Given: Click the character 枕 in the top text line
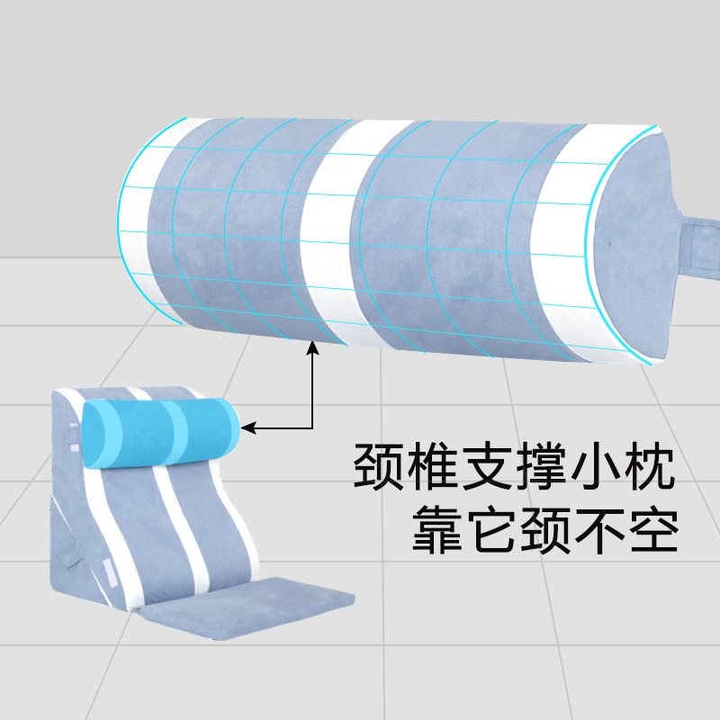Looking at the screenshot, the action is [x=648, y=465].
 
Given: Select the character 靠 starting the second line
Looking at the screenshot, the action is [x=436, y=529].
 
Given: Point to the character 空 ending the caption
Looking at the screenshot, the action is [x=653, y=529].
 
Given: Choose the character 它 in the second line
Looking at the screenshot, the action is [x=490, y=529].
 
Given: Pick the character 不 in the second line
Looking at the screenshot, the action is [x=599, y=529].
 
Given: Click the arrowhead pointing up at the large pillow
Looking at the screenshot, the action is [x=312, y=347].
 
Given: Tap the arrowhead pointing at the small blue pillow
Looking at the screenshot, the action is [x=248, y=428].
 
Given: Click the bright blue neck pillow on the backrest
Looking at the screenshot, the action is [x=162, y=433].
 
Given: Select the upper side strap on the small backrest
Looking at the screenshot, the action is [x=74, y=436].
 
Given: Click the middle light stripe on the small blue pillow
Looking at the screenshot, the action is [x=177, y=432].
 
